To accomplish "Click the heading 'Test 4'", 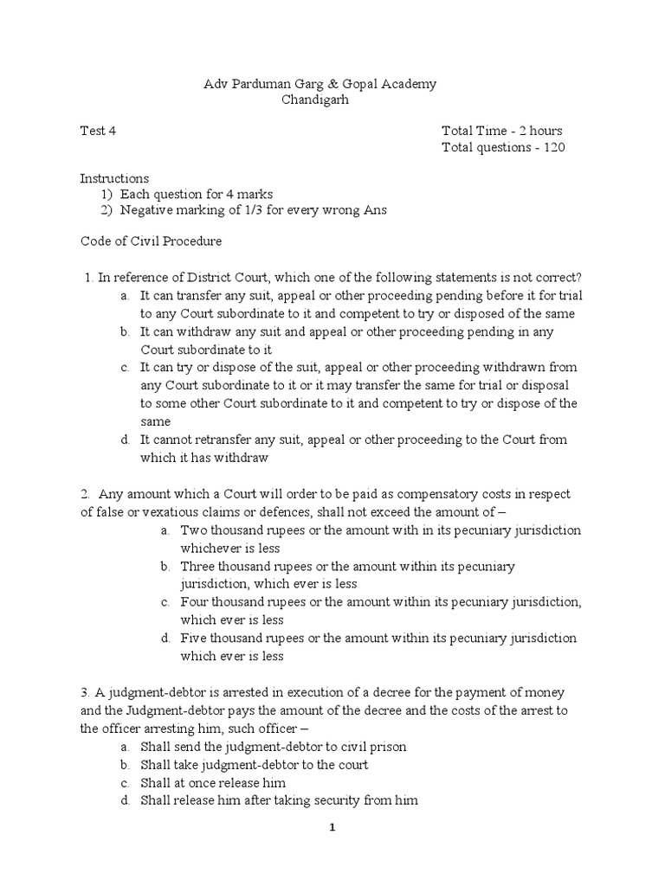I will pos(98,131).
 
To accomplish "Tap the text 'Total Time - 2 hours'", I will pos(501,131).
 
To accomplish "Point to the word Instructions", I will pos(114,178).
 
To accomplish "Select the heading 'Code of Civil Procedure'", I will pos(151,241).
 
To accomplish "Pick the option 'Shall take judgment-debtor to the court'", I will pos(254,765).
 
